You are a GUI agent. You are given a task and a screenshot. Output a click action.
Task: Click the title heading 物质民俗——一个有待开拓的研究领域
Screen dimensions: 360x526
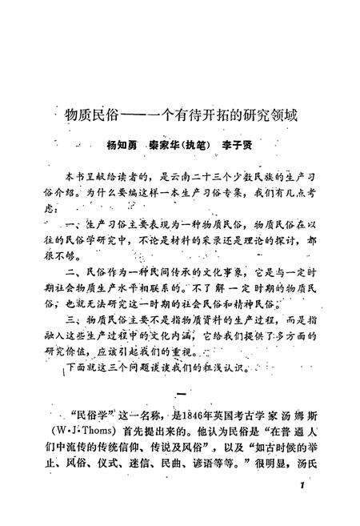coord(181,114)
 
